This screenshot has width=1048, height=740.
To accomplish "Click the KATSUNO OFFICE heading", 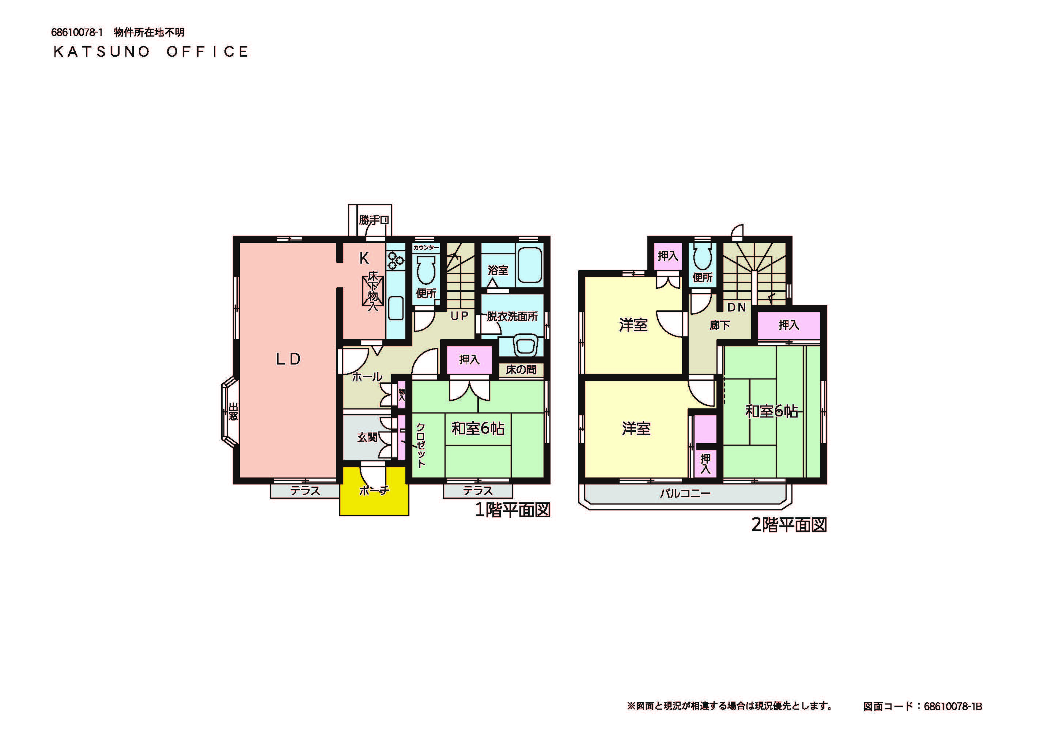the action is click(151, 52).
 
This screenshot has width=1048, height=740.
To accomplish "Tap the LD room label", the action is click(288, 359).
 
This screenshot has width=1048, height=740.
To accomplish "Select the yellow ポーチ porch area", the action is click(374, 491).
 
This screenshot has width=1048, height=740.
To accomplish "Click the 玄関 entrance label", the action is click(367, 437).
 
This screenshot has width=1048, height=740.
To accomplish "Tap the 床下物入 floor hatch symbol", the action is click(373, 291).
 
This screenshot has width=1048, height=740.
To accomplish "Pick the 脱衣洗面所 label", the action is click(512, 316).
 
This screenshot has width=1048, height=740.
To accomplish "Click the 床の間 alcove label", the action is click(521, 369).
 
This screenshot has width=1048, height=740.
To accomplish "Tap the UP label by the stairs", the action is click(459, 316).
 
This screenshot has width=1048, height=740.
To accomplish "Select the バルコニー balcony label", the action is click(685, 493).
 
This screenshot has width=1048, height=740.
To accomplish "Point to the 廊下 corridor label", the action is click(720, 325).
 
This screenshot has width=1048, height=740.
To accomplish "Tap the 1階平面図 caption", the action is click(513, 509).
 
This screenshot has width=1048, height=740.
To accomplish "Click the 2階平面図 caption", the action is click(789, 525).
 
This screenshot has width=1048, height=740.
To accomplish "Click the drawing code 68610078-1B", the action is click(953, 706).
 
